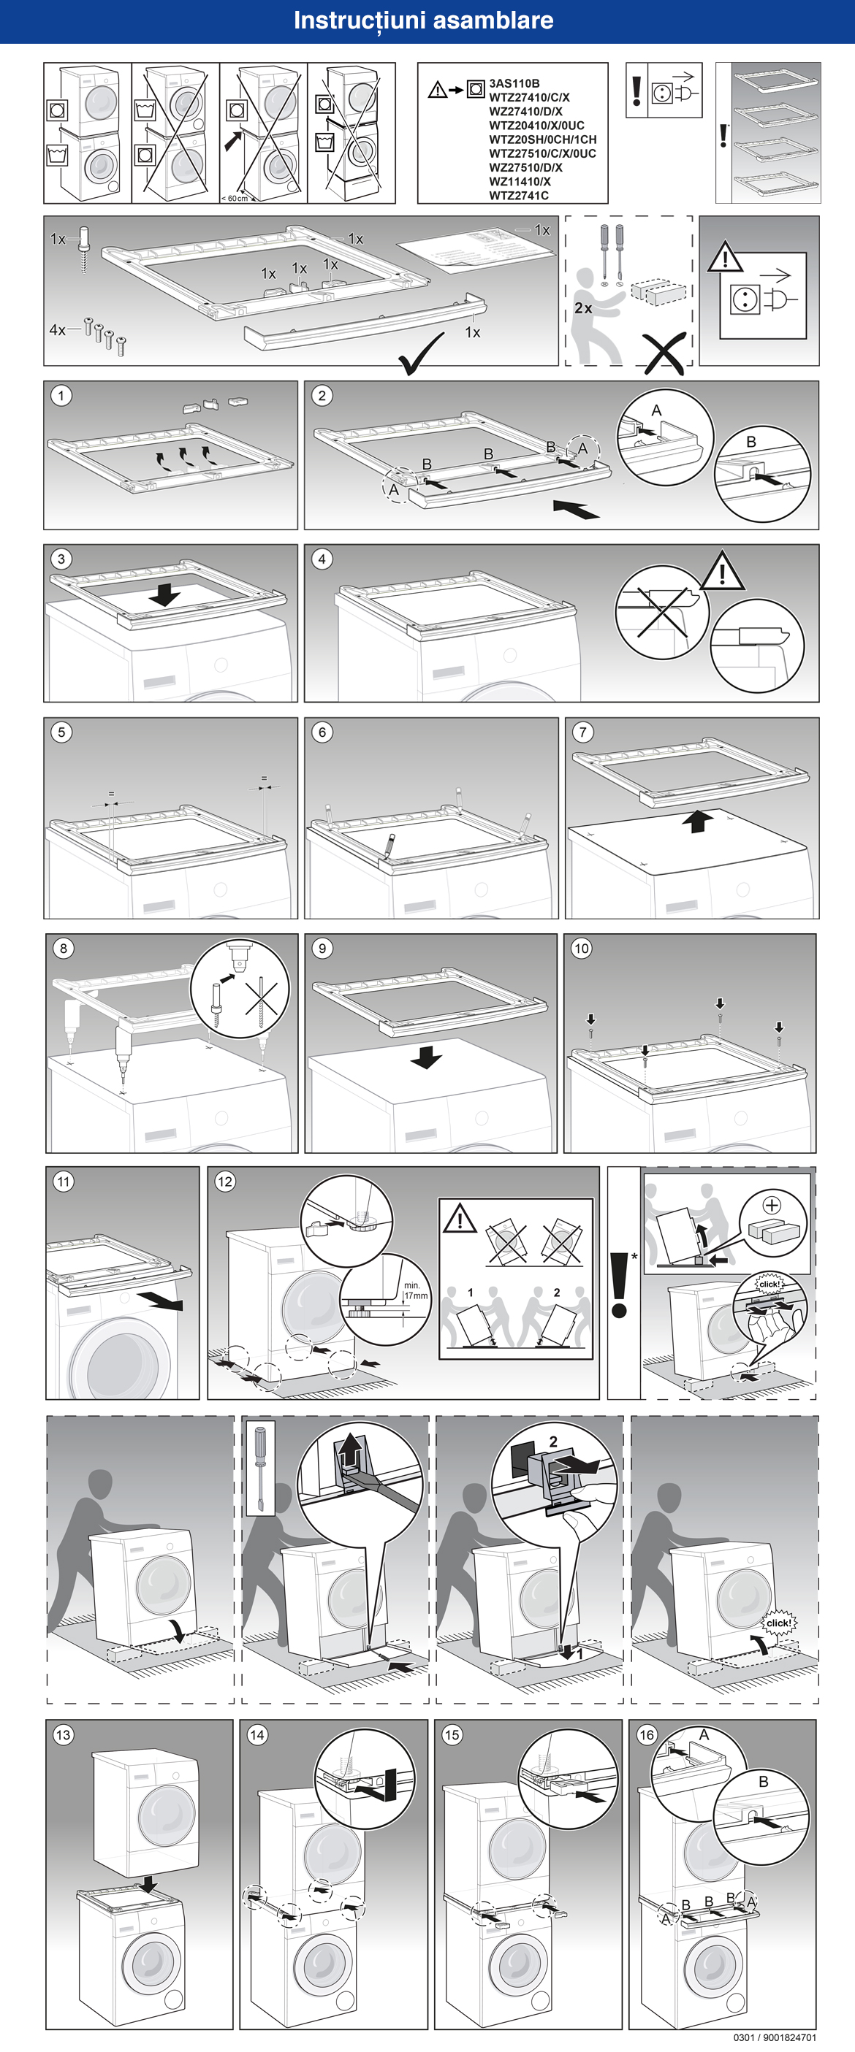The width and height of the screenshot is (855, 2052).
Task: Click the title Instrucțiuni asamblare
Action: coord(423,20)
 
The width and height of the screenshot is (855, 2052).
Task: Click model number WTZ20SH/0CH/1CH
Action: coord(541,139)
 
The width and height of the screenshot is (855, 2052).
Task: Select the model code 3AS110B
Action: coord(514,83)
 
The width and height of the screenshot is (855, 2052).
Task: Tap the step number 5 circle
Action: coord(61,732)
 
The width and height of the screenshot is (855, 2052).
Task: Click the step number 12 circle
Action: coord(224,1182)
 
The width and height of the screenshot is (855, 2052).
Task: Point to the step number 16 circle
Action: coord(646,1735)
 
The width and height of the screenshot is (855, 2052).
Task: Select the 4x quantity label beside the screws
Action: coord(58,330)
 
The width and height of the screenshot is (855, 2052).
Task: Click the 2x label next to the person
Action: coord(583,308)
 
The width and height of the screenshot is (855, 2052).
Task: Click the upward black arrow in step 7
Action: coord(697,821)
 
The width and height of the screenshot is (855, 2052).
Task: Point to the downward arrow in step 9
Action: coord(426,1057)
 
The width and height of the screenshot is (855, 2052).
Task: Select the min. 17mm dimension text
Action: coord(415,1290)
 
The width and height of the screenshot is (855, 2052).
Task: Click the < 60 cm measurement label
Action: coord(235,199)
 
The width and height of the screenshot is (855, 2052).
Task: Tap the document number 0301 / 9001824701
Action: coord(775,2037)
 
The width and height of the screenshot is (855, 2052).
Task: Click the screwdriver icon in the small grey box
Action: coord(259,1468)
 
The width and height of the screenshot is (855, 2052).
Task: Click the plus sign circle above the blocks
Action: coord(772,1204)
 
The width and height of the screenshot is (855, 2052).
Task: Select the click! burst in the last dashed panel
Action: coord(778,1623)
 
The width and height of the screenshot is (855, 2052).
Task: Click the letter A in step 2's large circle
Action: coord(655,410)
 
